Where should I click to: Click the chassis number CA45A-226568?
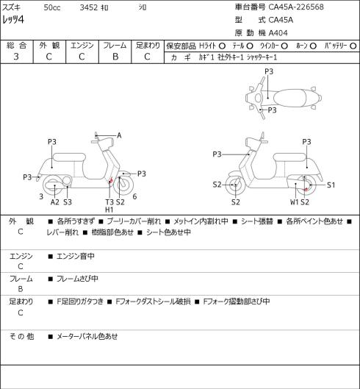pos(296,7)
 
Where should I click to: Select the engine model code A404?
pos(278,33)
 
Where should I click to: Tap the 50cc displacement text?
pos(52,7)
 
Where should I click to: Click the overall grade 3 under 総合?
pos(16,57)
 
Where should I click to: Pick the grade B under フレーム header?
pos(115,57)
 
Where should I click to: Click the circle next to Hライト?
pos(222,46)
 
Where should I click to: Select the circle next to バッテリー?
pos(353,46)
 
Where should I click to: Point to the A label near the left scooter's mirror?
pos(119,135)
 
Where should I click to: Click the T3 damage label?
pos(109,202)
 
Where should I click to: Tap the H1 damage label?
pos(109,210)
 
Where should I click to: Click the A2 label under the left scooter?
pos(55,202)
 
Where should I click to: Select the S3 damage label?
pos(68,202)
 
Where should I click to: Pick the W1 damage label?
pos(295,202)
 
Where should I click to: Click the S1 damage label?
pos(331,185)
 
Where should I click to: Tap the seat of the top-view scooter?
pos(289,98)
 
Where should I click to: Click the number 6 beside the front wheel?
pos(134,197)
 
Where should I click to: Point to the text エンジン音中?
pos(76,256)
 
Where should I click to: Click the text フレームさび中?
pos(77,279)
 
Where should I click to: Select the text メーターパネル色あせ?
pos(87,336)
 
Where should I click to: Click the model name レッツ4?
pos(13,19)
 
